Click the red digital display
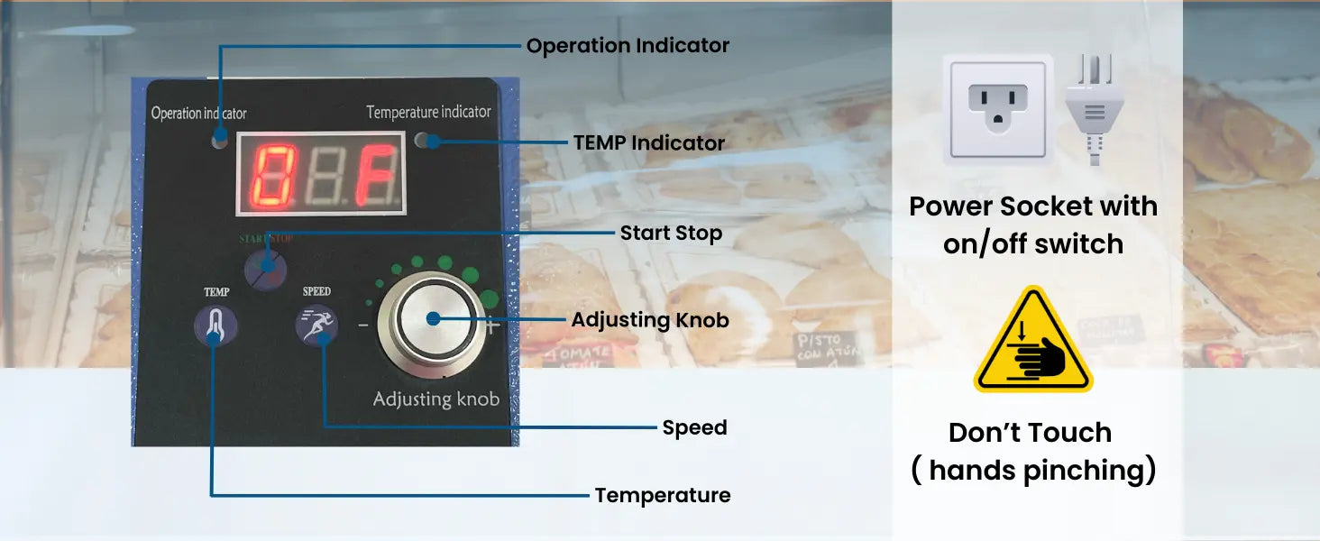point(320,173)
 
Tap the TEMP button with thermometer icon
point(215,326)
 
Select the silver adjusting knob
point(433,318)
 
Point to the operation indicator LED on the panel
point(220,141)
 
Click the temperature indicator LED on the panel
point(423,141)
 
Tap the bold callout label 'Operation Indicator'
point(628,46)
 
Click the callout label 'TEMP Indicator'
point(649,143)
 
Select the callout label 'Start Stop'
point(671,234)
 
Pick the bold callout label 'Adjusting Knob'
point(650,320)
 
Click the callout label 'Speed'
point(694,427)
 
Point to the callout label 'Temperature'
point(663,495)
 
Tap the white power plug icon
point(1094,108)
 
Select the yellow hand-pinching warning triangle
point(1033,344)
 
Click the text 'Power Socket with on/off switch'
point(1033,225)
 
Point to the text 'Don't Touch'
point(1030,433)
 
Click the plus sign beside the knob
point(492,327)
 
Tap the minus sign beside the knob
point(363,326)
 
